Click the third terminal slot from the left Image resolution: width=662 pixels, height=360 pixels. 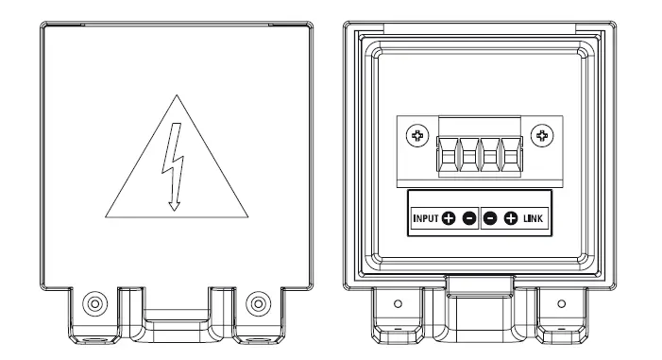pos(491,156)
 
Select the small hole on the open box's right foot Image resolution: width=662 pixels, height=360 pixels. pos(561,303)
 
